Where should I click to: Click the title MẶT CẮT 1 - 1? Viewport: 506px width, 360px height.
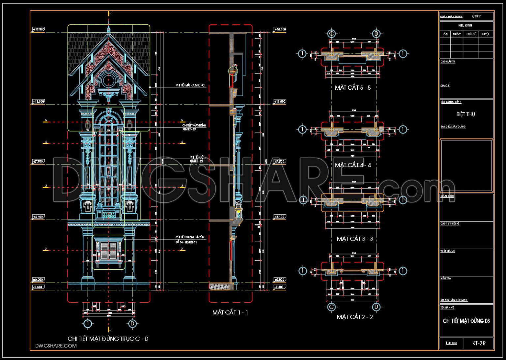pyautogui.click(x=230, y=313)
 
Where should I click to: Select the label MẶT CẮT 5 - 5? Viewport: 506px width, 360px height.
pyautogui.click(x=352, y=88)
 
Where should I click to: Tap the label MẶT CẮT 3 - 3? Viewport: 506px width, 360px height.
pyautogui.click(x=355, y=239)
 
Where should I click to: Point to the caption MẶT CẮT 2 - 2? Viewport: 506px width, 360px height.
pyautogui.click(x=355, y=317)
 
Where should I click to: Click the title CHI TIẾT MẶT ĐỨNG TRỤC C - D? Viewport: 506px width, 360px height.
pyautogui.click(x=108, y=339)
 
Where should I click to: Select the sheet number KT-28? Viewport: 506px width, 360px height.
pyautogui.click(x=479, y=343)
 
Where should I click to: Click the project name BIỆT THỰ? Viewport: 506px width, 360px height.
pyautogui.click(x=466, y=114)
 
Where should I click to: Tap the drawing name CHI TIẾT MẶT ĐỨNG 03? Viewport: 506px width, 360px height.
pyautogui.click(x=466, y=321)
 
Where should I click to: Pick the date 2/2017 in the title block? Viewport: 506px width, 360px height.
pyautogui.click(x=476, y=16)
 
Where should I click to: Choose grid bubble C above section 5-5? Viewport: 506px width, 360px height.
pyautogui.click(x=332, y=34)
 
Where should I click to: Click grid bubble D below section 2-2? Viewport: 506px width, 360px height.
pyautogui.click(x=376, y=307)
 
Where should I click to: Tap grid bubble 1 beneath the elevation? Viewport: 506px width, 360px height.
pyautogui.click(x=87, y=324)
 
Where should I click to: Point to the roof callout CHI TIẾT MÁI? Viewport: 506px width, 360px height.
pyautogui.click(x=190, y=85)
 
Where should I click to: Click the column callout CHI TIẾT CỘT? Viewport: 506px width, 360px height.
pyautogui.click(x=196, y=159)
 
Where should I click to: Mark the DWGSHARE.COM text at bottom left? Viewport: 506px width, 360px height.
pyautogui.click(x=56, y=346)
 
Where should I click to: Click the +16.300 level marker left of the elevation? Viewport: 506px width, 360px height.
pyautogui.click(x=39, y=29)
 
